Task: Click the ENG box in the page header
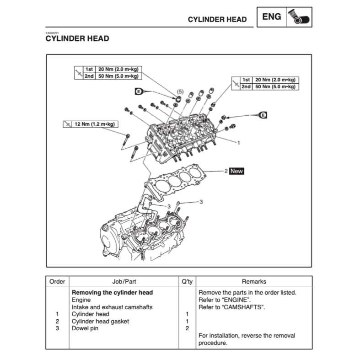[272, 17]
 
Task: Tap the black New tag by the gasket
[237, 171]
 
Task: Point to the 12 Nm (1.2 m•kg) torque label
[90, 124]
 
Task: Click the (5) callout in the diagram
[180, 91]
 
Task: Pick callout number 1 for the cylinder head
[238, 143]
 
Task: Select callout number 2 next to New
[226, 171]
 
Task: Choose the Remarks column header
[254, 282]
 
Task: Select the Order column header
[57, 282]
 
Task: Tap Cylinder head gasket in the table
[100, 321]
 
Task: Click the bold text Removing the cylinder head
[112, 292]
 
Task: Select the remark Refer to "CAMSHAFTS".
[232, 307]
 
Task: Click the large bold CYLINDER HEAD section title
[77, 39]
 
